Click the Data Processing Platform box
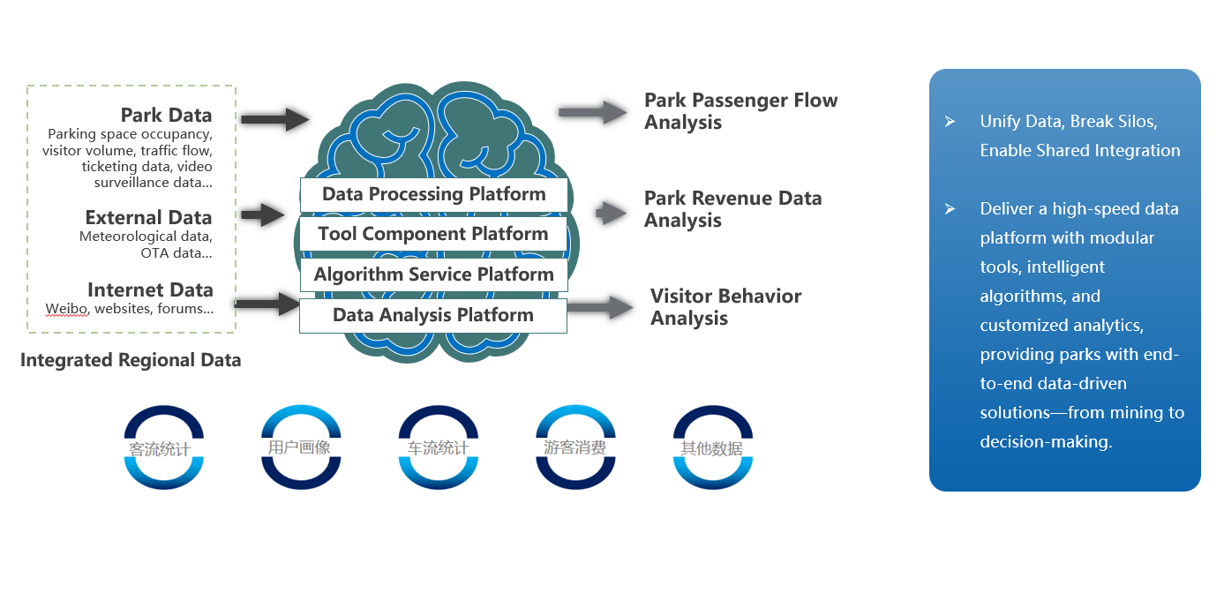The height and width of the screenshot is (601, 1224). point(433,195)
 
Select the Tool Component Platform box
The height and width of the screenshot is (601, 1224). point(433,235)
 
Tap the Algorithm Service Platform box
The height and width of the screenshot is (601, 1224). point(433,274)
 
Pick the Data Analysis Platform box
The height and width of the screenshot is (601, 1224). point(433,315)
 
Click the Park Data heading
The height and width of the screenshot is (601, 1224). point(166,116)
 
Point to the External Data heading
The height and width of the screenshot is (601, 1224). point(148,218)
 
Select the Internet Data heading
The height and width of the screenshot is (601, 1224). point(150,290)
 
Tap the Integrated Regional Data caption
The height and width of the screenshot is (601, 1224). point(131,360)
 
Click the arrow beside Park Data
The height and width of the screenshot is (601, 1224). point(274,118)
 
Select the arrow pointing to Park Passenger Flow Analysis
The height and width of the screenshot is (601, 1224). point(592,112)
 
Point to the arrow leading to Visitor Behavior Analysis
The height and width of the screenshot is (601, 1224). point(600,307)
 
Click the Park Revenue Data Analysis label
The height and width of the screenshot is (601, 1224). point(732,209)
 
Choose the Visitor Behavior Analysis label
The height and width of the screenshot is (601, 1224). point(725,307)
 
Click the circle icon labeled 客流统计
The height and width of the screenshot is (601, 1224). point(164,447)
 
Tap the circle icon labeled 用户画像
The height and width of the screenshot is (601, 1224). point(300,447)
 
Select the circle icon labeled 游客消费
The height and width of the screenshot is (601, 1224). point(575,447)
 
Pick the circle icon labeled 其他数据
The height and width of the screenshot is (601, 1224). point(712,447)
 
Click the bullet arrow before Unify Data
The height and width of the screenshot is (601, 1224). point(950,122)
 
